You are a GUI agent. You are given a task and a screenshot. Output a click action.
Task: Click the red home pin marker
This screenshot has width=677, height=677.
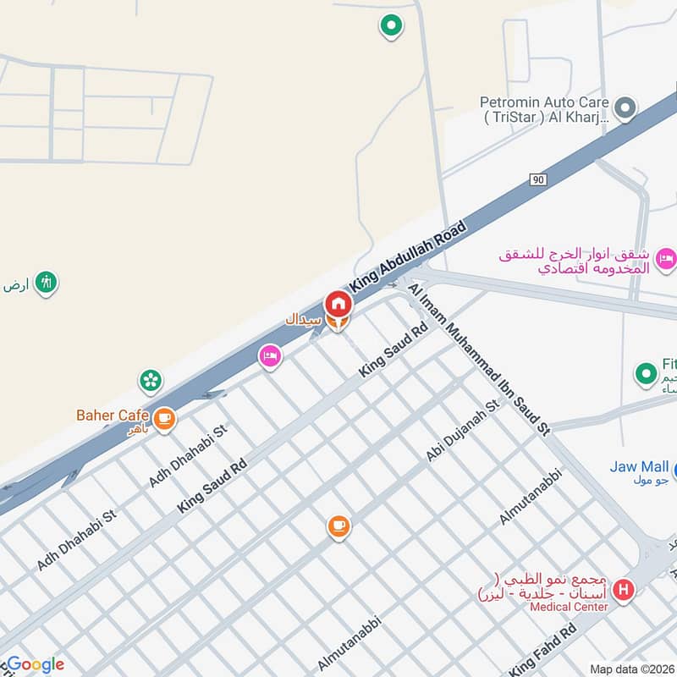338,303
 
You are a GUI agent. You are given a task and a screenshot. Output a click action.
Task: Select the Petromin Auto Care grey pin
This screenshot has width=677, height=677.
625,107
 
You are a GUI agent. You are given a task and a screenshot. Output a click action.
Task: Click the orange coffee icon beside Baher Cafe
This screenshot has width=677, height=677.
164,417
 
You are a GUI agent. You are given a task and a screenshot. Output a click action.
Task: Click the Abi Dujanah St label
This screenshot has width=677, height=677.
464,431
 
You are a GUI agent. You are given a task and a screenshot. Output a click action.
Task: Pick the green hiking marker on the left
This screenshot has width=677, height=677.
47,283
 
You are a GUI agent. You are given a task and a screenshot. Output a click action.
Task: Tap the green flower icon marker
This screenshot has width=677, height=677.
151,381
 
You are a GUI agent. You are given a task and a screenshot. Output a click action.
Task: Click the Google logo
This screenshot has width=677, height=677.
34,664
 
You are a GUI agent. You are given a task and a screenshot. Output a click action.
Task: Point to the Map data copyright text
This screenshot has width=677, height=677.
631,669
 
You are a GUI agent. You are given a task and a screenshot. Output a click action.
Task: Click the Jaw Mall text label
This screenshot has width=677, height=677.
640,466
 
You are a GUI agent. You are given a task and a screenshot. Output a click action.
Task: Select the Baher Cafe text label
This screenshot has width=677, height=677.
113,415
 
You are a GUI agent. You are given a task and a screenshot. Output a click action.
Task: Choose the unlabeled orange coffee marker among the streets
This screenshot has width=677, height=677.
338,527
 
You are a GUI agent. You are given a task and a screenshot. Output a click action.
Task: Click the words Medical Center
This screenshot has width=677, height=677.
569,607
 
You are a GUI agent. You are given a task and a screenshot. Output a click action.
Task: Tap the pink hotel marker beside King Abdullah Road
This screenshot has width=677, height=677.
270,357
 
